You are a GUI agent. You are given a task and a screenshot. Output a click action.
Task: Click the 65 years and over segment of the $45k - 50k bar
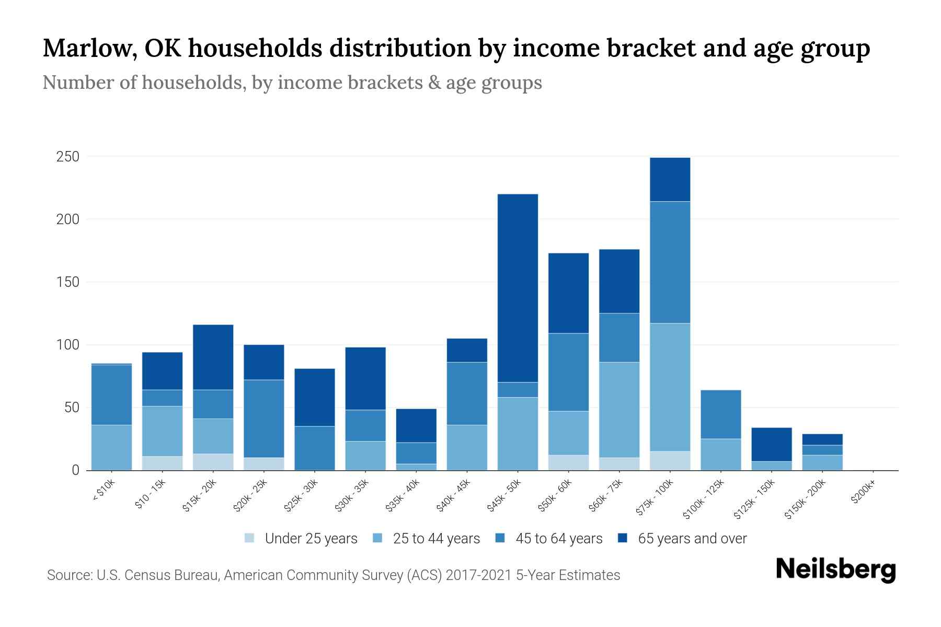(518, 288)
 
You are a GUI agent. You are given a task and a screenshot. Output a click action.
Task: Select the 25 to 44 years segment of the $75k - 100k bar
(670, 387)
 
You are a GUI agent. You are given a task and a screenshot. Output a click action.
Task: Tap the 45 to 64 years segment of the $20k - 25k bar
(264, 419)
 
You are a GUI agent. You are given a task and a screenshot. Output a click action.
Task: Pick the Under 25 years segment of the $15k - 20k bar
(213, 462)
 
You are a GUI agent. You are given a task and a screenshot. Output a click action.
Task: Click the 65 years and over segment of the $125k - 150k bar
(771, 445)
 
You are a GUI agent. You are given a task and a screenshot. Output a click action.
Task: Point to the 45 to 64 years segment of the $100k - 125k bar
(720, 414)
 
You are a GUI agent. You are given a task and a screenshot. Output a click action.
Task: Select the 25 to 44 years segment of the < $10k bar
(111, 448)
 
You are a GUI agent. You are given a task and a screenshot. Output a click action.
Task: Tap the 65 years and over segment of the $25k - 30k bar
(315, 398)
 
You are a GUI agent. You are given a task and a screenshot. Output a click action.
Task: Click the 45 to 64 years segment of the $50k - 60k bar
(568, 372)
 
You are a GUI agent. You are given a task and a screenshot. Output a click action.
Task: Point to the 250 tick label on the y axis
(67, 157)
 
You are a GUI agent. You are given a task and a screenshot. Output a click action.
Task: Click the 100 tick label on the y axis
(67, 345)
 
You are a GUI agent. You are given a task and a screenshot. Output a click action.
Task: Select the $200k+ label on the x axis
(863, 493)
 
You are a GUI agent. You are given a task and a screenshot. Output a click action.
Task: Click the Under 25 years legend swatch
(250, 538)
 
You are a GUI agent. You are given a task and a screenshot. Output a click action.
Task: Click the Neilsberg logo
(835, 570)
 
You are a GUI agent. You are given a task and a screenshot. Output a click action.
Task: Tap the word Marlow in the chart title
(90, 48)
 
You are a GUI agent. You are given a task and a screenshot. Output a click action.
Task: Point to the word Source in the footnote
(68, 575)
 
